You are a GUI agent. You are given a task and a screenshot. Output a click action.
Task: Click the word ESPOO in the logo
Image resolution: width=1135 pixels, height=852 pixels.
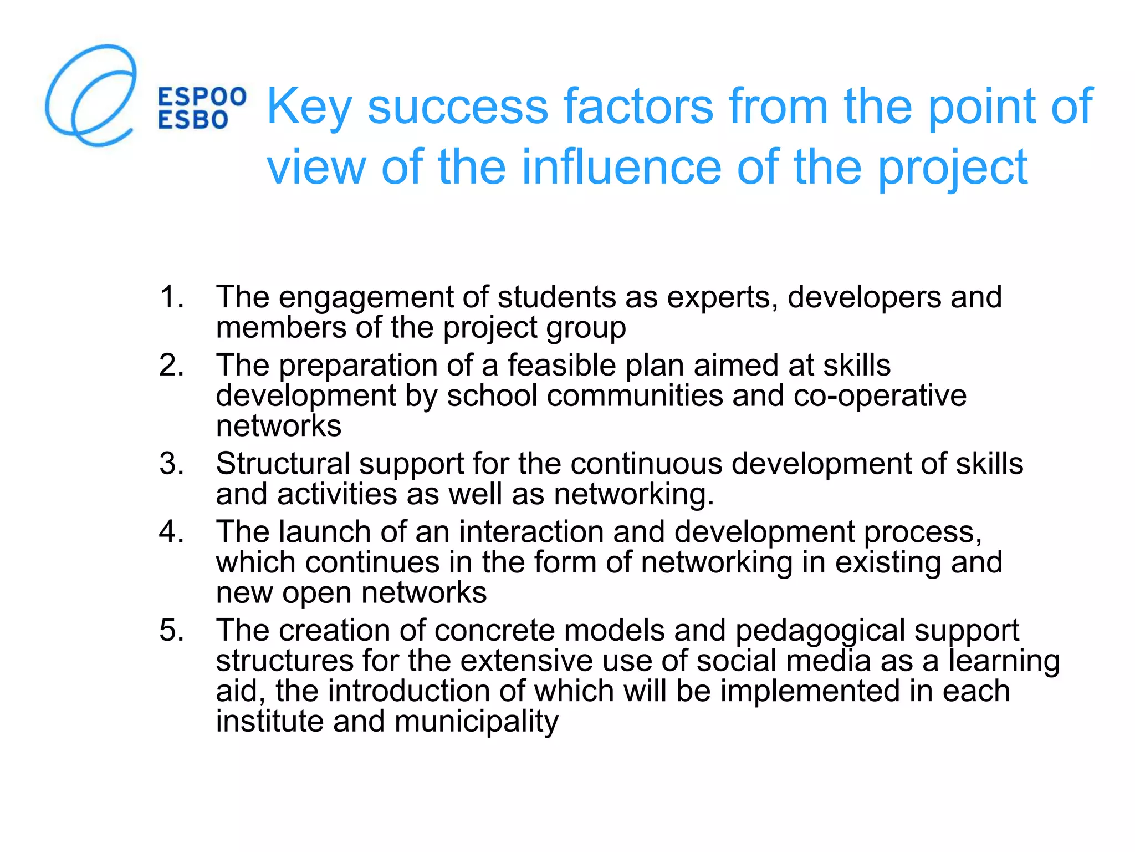[x=202, y=97]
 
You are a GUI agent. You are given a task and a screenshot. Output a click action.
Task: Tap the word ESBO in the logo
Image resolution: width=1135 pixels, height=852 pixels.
[x=193, y=120]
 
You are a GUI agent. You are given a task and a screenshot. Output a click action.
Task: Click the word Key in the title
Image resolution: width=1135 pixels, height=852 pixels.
[x=309, y=106]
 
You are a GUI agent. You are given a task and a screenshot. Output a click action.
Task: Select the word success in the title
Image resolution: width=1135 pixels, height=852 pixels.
[x=457, y=106]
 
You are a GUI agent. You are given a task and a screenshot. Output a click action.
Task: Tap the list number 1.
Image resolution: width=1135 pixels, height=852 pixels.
[x=171, y=297]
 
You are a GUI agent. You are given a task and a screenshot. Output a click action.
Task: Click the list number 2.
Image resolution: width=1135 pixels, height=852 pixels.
[x=171, y=365]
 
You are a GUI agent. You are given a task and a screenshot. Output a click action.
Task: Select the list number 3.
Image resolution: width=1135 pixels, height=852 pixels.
[x=171, y=463]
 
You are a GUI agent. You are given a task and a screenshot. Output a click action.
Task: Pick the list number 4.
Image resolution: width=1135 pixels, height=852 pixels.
[x=171, y=531]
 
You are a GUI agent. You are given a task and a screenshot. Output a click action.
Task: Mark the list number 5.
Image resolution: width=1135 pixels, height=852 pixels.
[x=171, y=630]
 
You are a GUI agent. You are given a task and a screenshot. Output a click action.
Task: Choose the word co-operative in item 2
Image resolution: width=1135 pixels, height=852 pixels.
[x=880, y=396]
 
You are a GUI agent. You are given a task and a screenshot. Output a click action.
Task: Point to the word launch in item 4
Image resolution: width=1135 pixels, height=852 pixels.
[x=324, y=532]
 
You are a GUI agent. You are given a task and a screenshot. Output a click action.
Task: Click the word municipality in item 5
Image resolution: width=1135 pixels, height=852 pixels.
[x=476, y=722]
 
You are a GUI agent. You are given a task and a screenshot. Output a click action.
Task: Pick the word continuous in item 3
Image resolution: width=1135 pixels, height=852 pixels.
[x=646, y=464]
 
